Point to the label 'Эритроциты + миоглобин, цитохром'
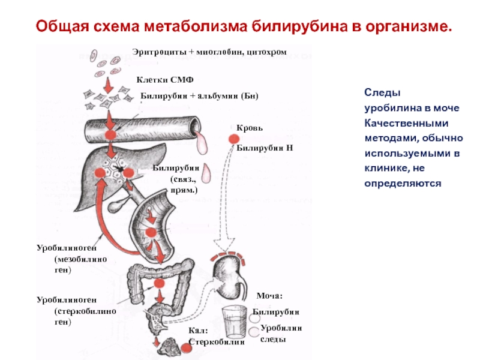(209, 53)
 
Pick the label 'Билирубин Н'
(263, 147)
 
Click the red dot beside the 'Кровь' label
(232, 139)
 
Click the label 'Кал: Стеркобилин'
(217, 337)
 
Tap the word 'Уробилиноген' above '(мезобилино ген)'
(65, 247)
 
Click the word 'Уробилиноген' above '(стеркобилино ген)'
(65, 299)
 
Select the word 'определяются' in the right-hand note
(402, 183)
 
